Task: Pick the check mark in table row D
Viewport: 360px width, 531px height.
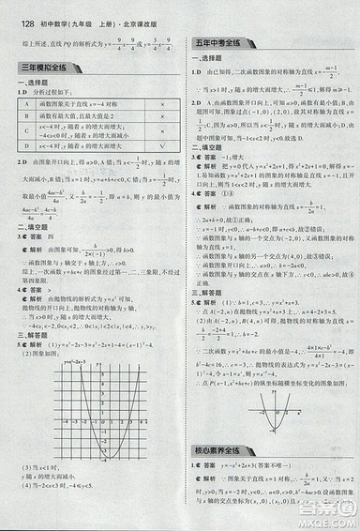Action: [x=163, y=147]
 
